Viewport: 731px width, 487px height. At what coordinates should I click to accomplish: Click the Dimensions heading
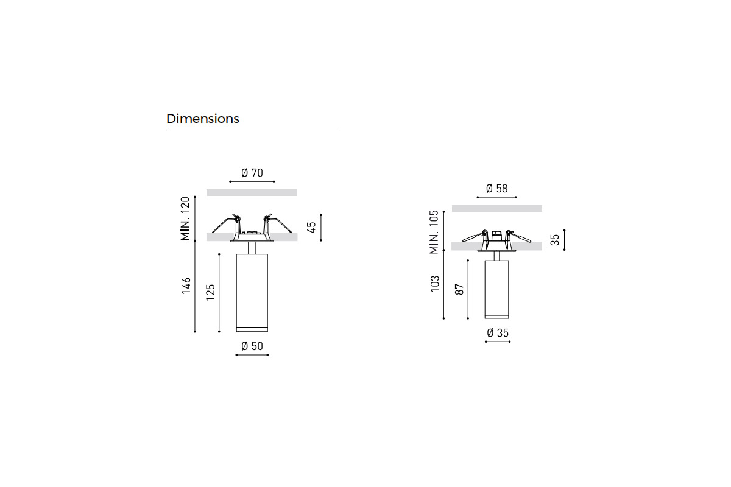(x=203, y=119)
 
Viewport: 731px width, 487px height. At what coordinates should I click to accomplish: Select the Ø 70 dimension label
(x=252, y=173)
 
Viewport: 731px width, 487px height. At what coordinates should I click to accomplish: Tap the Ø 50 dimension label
(x=252, y=346)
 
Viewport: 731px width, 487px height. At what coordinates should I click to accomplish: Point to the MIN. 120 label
(x=185, y=219)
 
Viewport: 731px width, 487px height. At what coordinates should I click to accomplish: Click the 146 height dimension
(x=186, y=286)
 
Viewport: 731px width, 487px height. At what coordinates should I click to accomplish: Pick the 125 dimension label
(x=211, y=292)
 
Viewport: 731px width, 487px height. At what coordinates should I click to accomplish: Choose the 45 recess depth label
(x=312, y=227)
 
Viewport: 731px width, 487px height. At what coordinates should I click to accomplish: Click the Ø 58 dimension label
(x=496, y=189)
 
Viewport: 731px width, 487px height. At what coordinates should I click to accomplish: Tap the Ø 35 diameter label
(x=498, y=333)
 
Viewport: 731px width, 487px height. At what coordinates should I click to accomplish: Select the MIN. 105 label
(x=434, y=232)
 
